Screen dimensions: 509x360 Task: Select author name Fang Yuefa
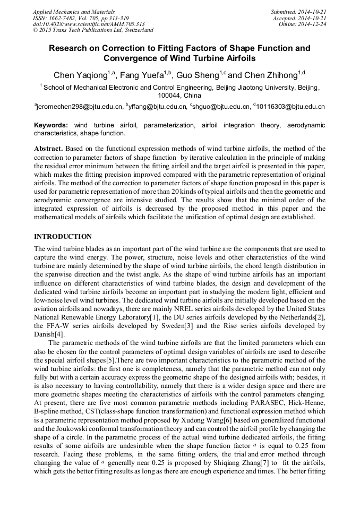click(x=140, y=74)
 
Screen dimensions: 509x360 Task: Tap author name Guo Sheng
click(x=200, y=74)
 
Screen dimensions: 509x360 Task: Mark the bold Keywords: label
click(x=51, y=125)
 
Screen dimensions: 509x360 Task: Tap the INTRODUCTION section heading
click(x=63, y=236)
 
